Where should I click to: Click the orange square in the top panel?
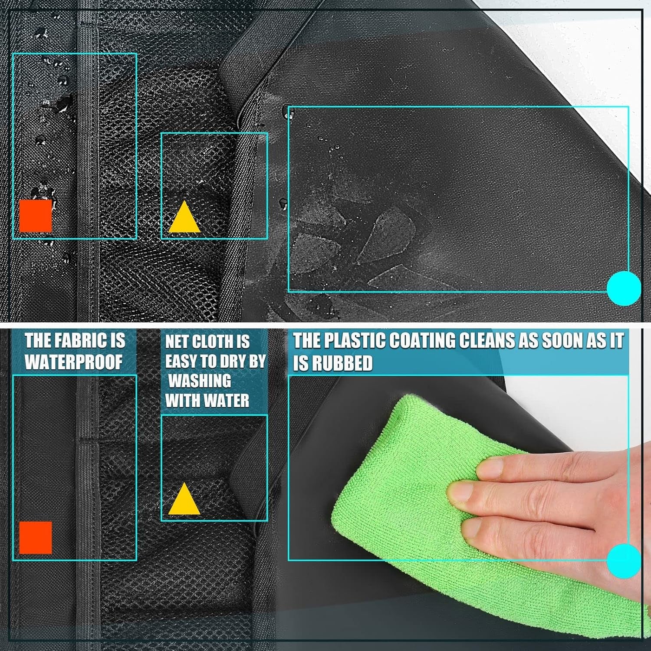(36, 216)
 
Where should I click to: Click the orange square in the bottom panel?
(36, 538)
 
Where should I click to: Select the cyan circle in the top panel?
(624, 288)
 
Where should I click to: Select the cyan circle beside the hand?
(624, 561)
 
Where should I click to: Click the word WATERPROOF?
(73, 362)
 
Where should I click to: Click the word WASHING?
(200, 381)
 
